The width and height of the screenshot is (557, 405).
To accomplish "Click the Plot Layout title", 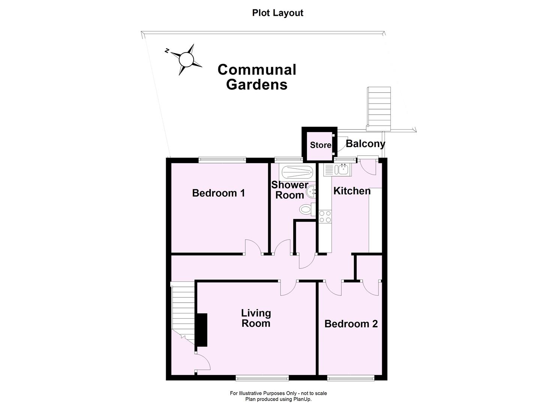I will pyautogui.click(x=278, y=13).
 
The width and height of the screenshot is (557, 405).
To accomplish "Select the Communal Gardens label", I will pyautogui.click(x=257, y=77).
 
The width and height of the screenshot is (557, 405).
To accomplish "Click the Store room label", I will pyautogui.click(x=320, y=145).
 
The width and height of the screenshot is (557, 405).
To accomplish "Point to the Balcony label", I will pyautogui.click(x=365, y=144).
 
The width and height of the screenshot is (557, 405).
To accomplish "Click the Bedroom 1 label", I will pyautogui.click(x=218, y=193).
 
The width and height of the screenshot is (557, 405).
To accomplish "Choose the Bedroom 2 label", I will pyautogui.click(x=351, y=324).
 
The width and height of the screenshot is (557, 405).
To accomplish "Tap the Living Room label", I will pyautogui.click(x=256, y=318).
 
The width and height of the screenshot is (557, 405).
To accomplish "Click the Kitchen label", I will pyautogui.click(x=352, y=191).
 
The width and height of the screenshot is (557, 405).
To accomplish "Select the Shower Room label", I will pyautogui.click(x=290, y=190).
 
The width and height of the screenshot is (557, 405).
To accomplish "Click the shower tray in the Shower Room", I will pyautogui.click(x=297, y=172).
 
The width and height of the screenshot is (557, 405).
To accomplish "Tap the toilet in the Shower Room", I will pyautogui.click(x=307, y=209).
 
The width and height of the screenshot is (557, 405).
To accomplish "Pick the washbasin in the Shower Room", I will pyautogui.click(x=311, y=193).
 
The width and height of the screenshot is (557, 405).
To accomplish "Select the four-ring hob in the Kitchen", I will pyautogui.click(x=325, y=216).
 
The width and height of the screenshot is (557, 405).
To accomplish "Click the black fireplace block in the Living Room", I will pyautogui.click(x=202, y=330).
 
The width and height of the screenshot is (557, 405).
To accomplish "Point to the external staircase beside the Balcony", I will pyautogui.click(x=379, y=107).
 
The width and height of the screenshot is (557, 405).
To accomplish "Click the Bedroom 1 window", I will pyautogui.click(x=222, y=160).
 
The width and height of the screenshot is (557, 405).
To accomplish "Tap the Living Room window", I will pyautogui.click(x=262, y=378).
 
